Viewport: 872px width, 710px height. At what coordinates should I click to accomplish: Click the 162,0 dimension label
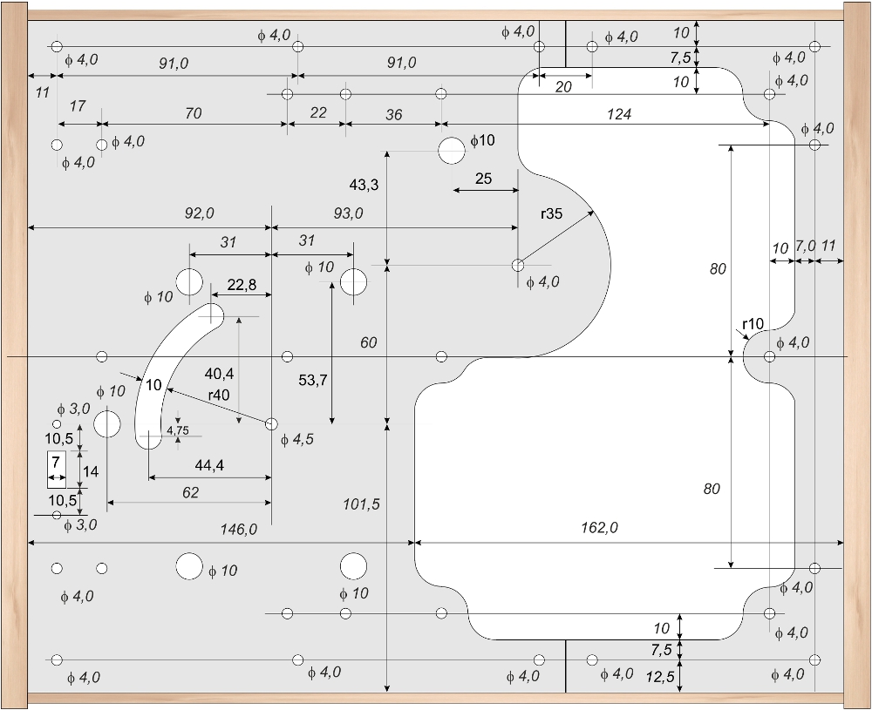point(599,528)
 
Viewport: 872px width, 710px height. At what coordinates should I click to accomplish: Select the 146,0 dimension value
point(239,529)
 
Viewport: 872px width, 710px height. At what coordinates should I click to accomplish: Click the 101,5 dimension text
point(362,504)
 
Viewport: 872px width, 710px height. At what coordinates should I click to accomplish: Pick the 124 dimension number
point(620,114)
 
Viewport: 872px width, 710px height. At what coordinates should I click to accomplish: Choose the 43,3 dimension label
point(364,186)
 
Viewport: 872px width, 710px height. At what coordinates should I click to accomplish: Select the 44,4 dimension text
point(209,466)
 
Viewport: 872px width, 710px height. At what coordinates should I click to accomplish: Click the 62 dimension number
point(191,492)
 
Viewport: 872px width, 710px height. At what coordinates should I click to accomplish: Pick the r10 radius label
point(753,324)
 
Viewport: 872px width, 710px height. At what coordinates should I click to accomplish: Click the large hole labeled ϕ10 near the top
point(451,151)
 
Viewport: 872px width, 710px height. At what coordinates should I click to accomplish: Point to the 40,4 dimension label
point(219,374)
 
